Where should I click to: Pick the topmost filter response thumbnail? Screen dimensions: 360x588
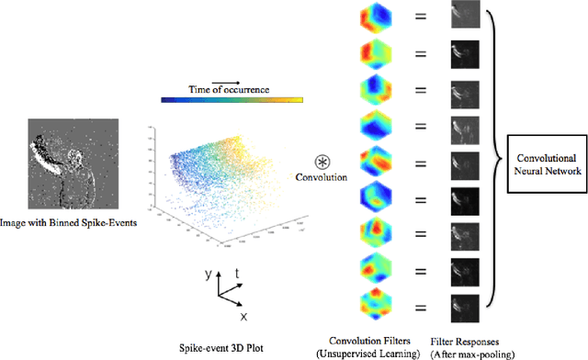(465, 18)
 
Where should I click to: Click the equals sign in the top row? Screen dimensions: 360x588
(421, 19)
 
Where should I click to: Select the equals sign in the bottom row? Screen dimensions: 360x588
(421, 306)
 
